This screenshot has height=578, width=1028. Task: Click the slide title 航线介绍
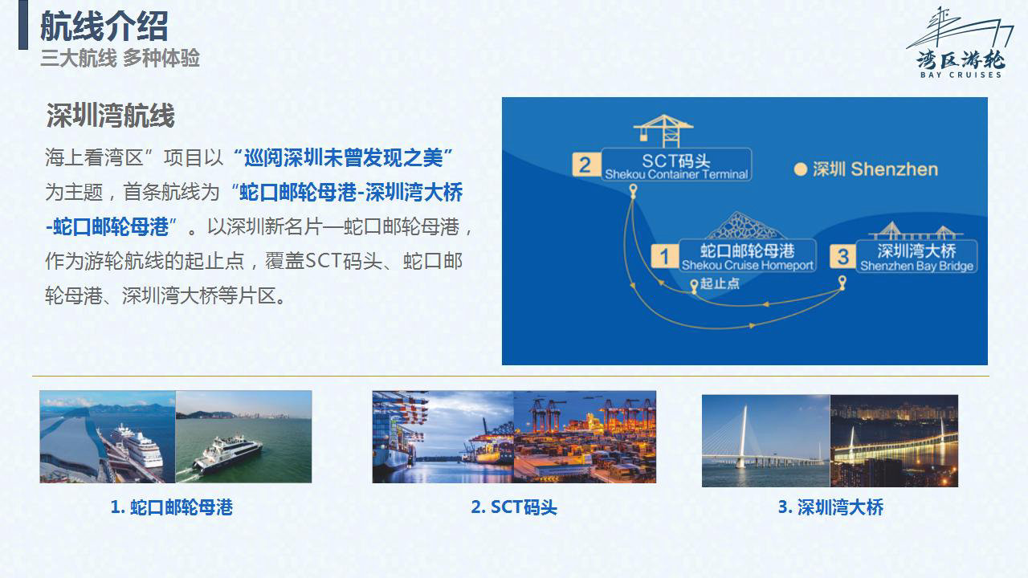tap(104, 26)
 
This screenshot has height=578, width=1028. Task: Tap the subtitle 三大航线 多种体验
tap(120, 59)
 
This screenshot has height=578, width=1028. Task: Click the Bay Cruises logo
tap(961, 43)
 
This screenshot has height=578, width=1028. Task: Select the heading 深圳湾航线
tap(110, 115)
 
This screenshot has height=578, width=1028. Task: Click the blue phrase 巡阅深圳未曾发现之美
tap(343, 158)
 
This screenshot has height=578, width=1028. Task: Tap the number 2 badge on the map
tap(585, 165)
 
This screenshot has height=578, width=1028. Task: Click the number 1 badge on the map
tap(664, 256)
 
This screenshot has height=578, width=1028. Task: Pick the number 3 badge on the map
tap(842, 257)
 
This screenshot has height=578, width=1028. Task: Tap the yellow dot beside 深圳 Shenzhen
tap(801, 169)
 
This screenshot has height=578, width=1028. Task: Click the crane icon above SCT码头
tap(663, 131)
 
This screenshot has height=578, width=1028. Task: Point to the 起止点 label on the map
tap(720, 283)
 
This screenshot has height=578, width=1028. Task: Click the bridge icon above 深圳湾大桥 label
tap(916, 230)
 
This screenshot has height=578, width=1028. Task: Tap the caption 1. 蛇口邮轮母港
tap(172, 507)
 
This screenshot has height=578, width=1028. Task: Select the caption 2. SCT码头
tap(514, 507)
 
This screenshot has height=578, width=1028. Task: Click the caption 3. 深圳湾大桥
tap(830, 507)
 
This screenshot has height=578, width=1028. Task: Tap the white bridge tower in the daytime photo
tap(742, 437)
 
